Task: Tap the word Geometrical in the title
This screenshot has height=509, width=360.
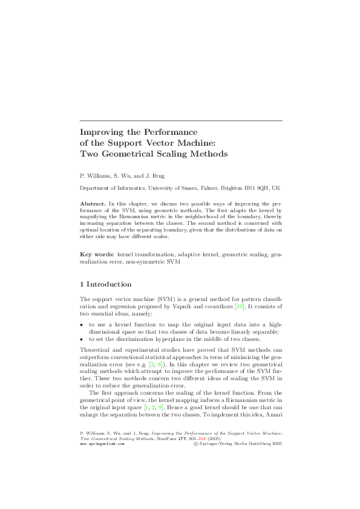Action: pyautogui.click(x=133, y=154)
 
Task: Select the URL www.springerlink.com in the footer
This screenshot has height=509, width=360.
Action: pyautogui.click(x=102, y=426)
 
